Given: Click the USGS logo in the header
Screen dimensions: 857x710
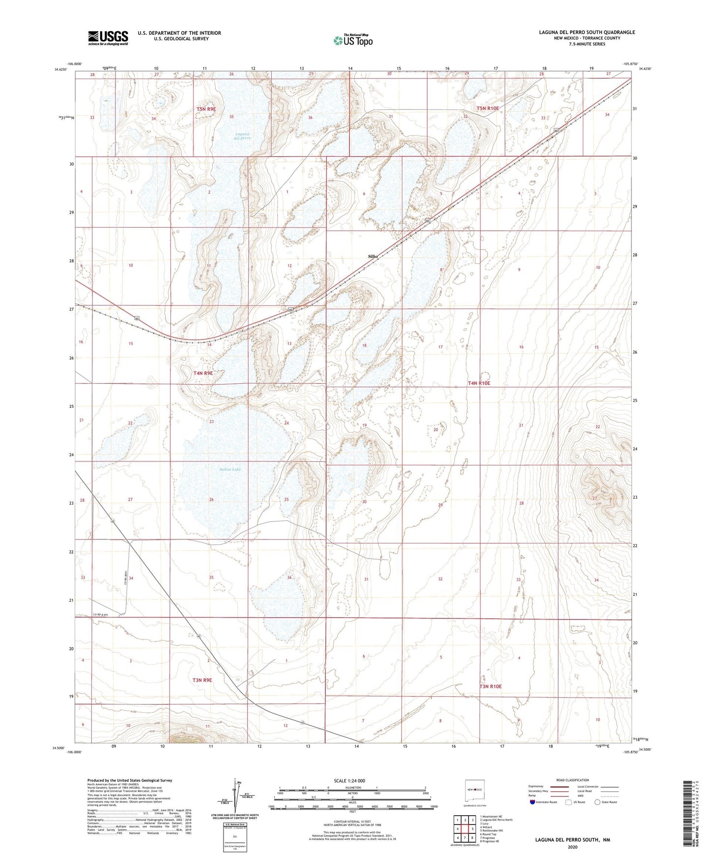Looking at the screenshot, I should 108,38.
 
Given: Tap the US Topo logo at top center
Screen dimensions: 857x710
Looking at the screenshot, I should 352,40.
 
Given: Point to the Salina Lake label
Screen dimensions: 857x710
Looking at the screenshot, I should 230,470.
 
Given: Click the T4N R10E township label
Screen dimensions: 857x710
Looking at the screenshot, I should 479,383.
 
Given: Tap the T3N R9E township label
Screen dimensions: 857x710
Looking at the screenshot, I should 202,680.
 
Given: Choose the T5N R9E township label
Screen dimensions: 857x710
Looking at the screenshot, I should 206,109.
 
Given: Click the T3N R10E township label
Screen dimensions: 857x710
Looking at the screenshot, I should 490,686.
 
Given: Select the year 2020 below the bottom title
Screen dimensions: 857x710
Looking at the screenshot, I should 572,847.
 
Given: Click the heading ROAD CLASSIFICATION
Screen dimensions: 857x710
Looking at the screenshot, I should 572,780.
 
